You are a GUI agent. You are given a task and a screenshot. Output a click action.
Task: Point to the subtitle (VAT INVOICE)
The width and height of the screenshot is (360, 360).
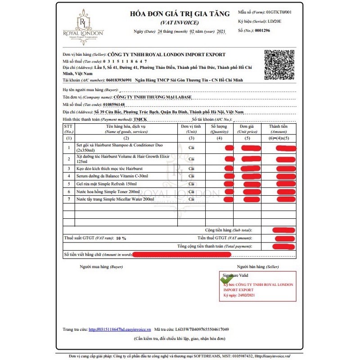click(179, 22)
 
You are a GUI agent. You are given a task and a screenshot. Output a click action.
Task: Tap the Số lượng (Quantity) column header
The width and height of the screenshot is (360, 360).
click(219, 129)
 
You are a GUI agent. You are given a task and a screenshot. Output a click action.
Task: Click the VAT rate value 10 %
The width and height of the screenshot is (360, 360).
click(121, 238)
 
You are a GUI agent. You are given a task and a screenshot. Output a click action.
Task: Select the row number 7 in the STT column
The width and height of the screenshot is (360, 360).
click(69, 198)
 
